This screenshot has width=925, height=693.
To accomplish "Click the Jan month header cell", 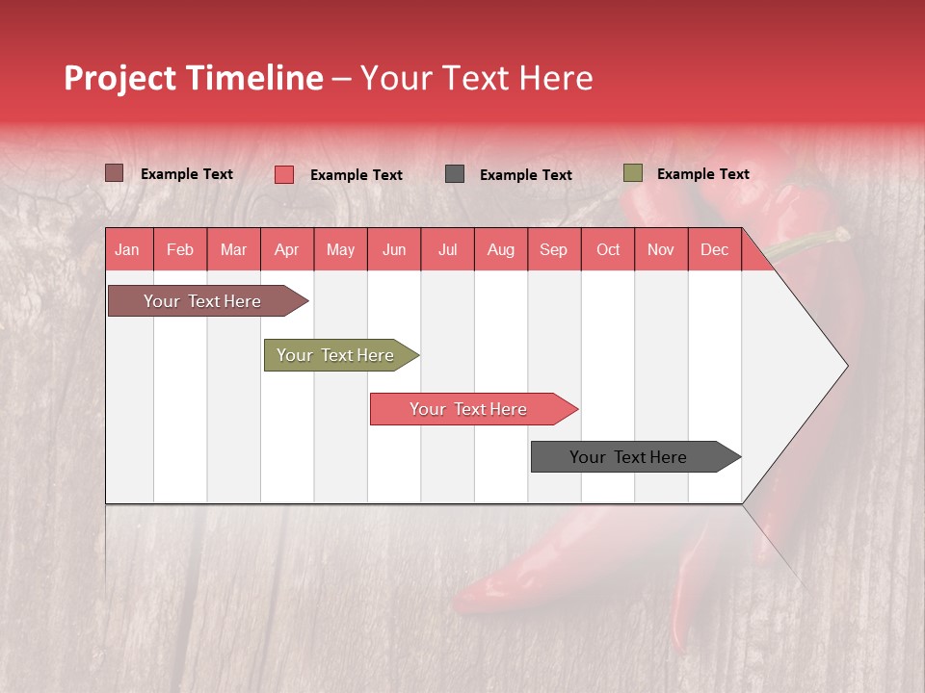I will (x=128, y=249).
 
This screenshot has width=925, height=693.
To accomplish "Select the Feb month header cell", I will (x=180, y=249).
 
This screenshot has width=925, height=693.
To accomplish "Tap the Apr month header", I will (x=287, y=249).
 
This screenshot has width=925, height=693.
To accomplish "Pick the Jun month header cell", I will (x=394, y=249).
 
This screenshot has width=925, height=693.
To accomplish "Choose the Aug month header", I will (x=501, y=249).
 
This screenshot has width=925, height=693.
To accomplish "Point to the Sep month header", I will (x=554, y=249).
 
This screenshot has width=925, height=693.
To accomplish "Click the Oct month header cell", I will (x=608, y=249).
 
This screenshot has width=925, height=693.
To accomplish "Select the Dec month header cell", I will (x=715, y=249).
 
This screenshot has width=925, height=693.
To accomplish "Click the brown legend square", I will (x=114, y=173).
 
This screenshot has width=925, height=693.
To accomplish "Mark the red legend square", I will (x=283, y=174).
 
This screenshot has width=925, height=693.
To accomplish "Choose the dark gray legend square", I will (x=455, y=174).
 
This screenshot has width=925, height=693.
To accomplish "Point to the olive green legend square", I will (x=632, y=173).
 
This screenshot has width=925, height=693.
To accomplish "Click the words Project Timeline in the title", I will (x=194, y=78).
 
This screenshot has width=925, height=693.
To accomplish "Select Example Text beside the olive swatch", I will (x=702, y=174).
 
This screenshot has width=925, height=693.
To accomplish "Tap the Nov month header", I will (x=661, y=249).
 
